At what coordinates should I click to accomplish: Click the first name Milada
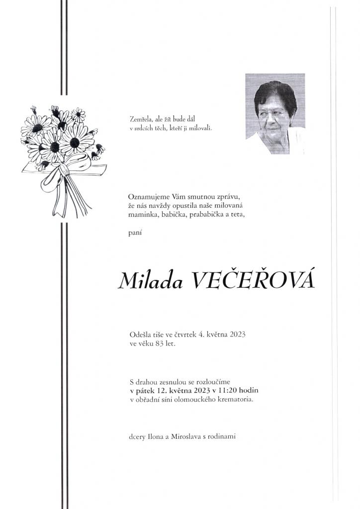point(150,281)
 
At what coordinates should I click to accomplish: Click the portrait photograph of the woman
point(274,114)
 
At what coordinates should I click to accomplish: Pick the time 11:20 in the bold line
point(227,391)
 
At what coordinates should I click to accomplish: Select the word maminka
point(143,214)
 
